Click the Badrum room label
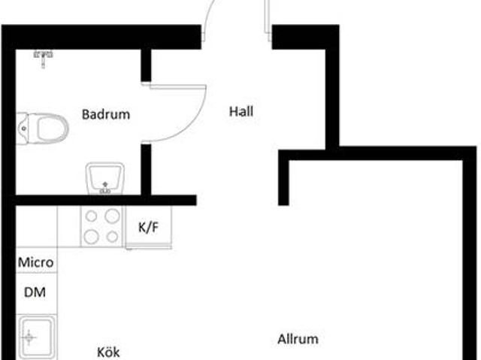point(106,115)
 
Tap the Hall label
point(241,112)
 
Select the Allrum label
point(298,339)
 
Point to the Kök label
point(108,352)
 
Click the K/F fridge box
point(147,228)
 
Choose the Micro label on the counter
point(36,262)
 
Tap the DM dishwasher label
point(35,292)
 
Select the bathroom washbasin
point(104,179)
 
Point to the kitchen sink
point(37,339)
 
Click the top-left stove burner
point(92,216)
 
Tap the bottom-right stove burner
point(112,237)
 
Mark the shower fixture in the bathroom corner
point(44,53)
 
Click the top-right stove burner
point(112,216)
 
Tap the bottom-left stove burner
point(92,237)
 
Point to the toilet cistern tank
point(23,128)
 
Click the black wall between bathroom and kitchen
point(105,201)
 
